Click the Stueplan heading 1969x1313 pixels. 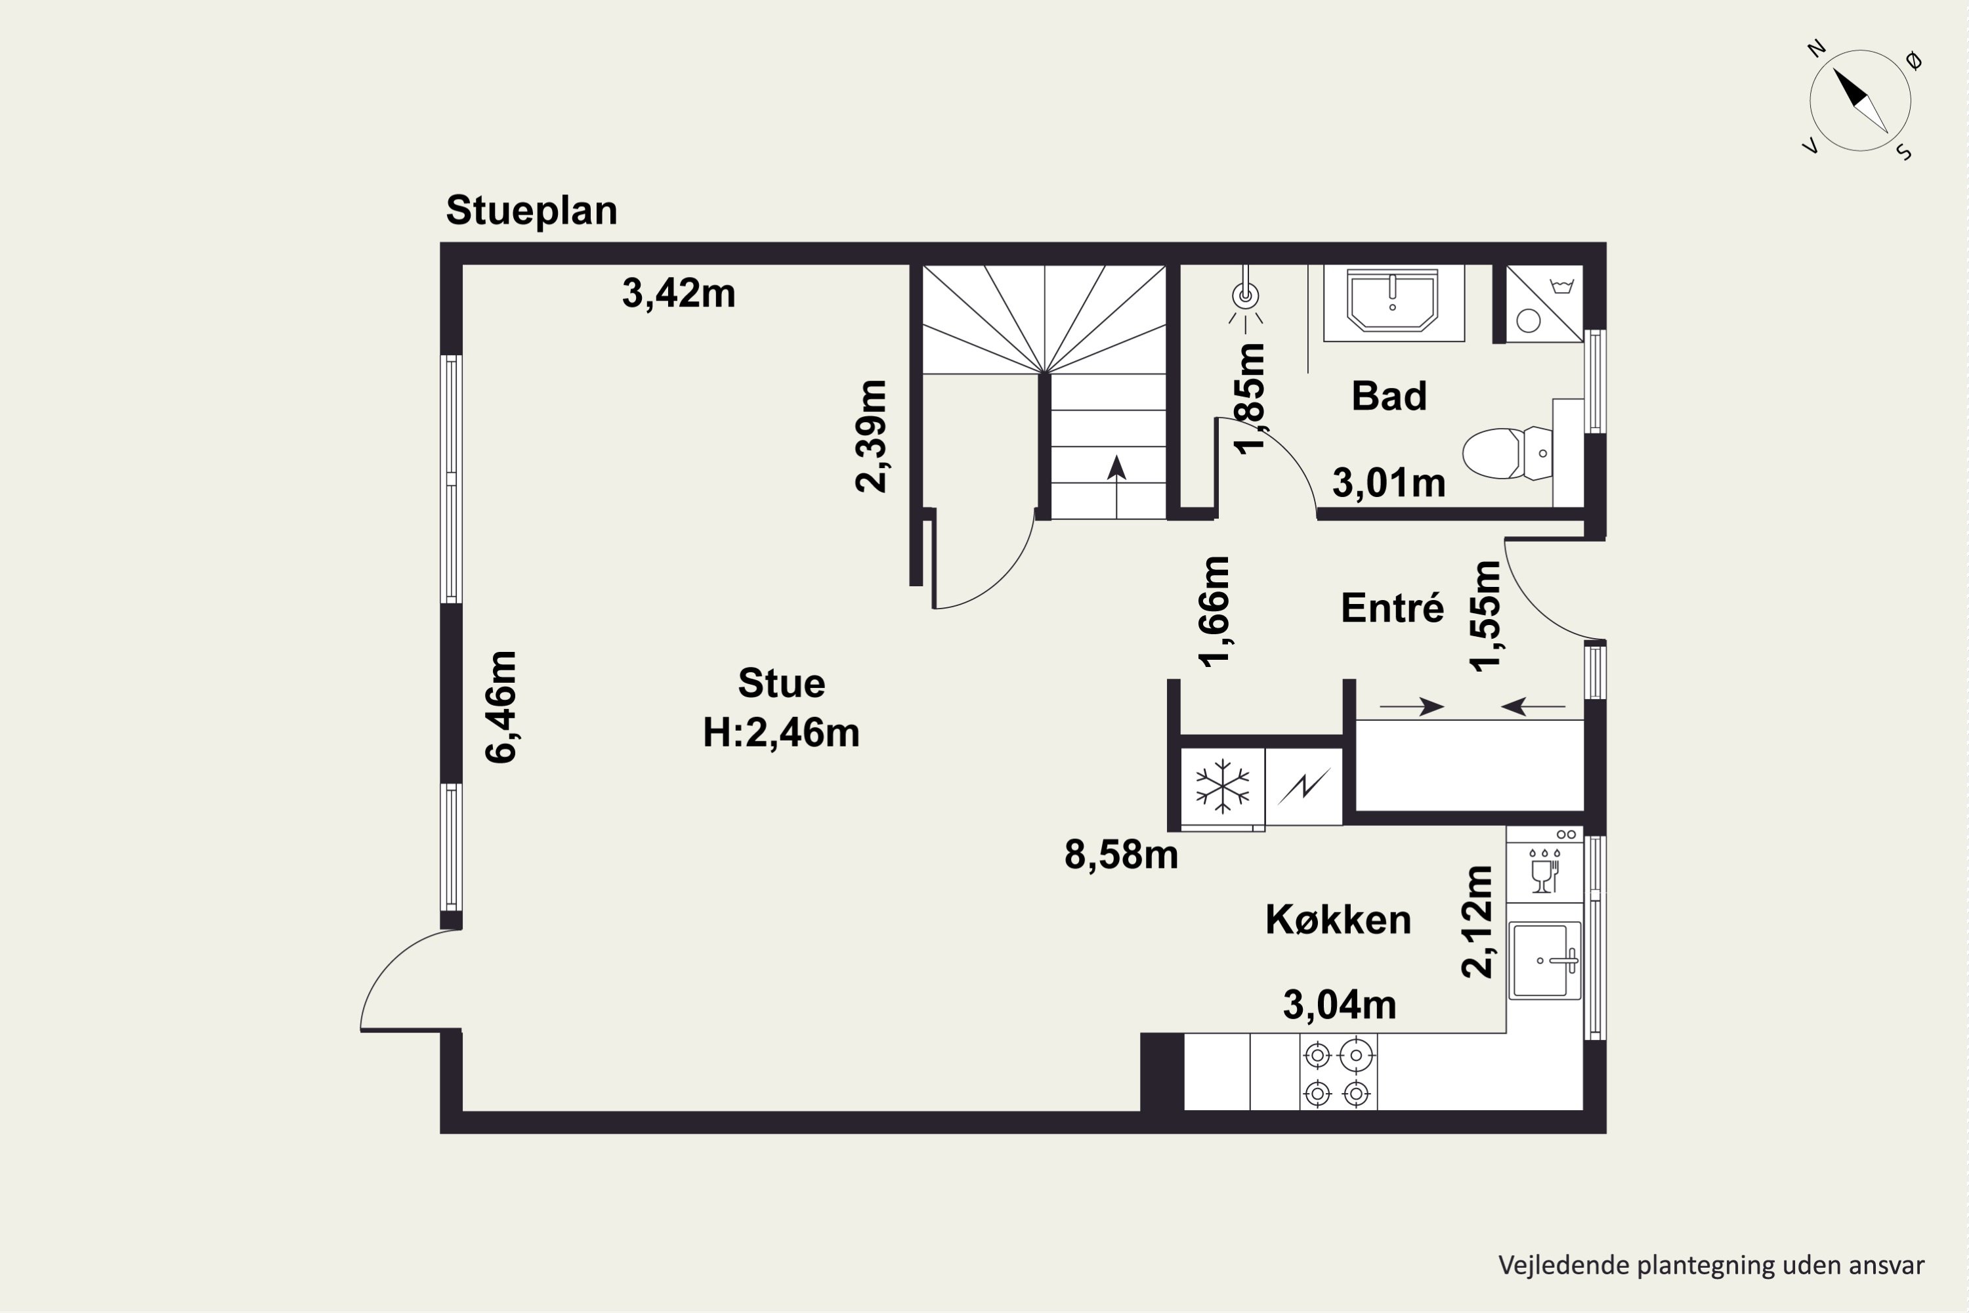click(532, 211)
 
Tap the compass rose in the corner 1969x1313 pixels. click(1860, 101)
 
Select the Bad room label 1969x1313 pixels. click(1389, 396)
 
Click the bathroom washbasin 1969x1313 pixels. click(1393, 300)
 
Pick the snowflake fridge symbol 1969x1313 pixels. click(1222, 787)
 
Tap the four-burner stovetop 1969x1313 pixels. click(1338, 1073)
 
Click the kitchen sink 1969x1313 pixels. click(1544, 960)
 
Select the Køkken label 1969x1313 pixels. click(1338, 920)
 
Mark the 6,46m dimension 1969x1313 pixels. click(502, 707)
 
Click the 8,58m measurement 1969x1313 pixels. click(1121, 855)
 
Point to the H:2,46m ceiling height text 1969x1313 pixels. click(781, 733)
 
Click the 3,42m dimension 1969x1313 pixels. click(678, 293)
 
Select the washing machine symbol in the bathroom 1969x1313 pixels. click(1544, 304)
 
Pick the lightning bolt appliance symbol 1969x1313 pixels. click(1303, 787)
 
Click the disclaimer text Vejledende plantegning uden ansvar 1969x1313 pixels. click(1711, 1265)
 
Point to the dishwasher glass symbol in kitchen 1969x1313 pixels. click(1544, 871)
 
